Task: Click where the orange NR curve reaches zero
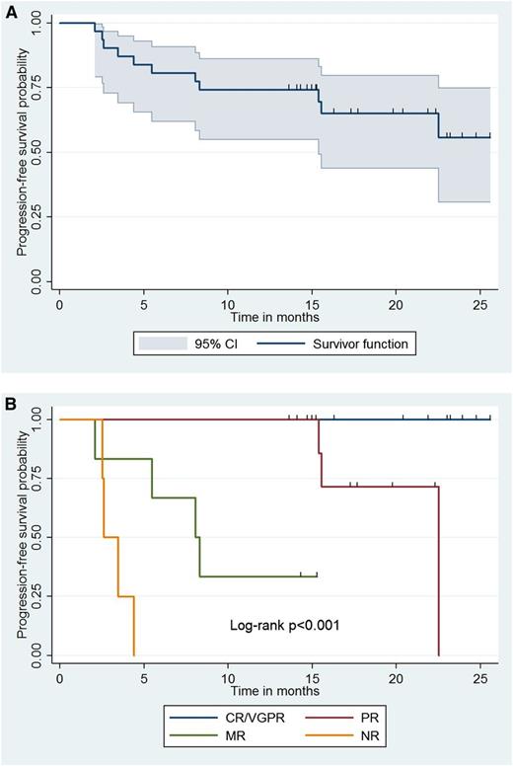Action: point(134,654)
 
